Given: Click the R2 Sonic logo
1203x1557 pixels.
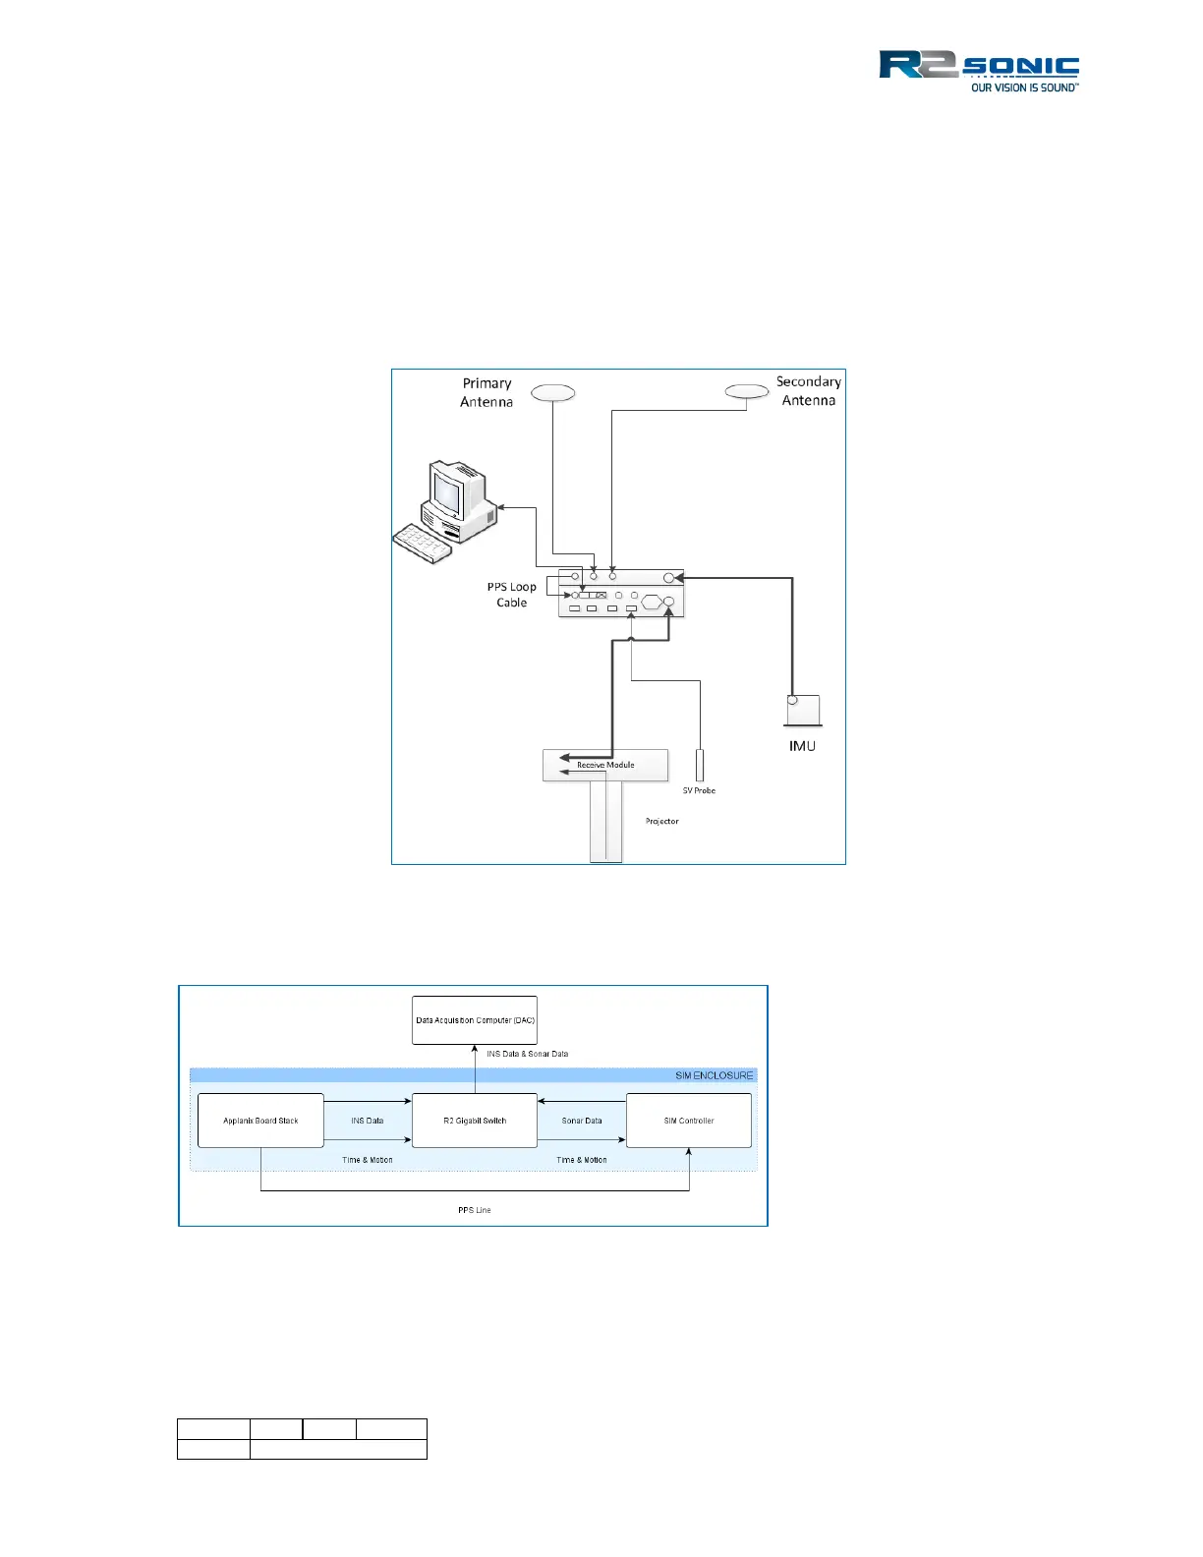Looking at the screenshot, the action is coord(978,71).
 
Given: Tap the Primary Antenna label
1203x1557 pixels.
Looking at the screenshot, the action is coord(487,392).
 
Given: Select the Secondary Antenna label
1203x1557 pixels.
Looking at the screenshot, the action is coord(808,390).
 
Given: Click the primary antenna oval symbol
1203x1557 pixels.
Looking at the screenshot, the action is coord(552,393).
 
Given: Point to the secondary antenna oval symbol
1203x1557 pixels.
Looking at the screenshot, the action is coord(746,391).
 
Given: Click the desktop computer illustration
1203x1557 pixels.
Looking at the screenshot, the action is coord(445,511).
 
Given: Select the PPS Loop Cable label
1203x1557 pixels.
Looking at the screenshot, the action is coord(511,595).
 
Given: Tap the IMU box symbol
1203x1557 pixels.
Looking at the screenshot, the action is coord(803,710).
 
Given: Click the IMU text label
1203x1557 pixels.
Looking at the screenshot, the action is coord(802,746).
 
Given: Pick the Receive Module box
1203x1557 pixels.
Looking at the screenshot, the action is coord(605,765).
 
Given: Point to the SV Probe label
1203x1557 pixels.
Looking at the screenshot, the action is coord(699,790).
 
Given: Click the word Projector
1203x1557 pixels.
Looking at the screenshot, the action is coord(661,821).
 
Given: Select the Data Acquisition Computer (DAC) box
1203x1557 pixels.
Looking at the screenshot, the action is coord(475,1020).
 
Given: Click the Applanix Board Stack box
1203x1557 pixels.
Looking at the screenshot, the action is coord(260,1121).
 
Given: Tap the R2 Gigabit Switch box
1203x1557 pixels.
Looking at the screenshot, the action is coord(475,1121).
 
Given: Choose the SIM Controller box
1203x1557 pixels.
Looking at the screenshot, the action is coord(689,1121).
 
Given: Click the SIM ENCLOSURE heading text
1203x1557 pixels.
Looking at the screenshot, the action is coord(714,1075).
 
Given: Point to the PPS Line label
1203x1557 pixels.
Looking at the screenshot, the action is coord(474,1210).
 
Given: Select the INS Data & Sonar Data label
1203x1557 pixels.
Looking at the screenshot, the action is coord(527,1054).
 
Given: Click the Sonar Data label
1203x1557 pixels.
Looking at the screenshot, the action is coord(582,1121).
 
